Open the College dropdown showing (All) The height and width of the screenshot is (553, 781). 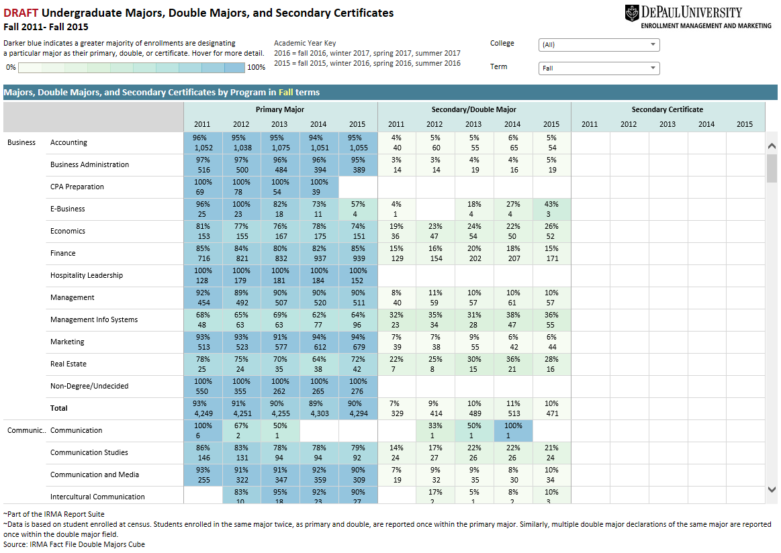(x=599, y=45)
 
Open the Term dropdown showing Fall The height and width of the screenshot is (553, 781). (x=599, y=68)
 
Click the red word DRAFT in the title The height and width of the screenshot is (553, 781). (x=20, y=13)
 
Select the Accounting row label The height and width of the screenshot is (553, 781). (x=68, y=142)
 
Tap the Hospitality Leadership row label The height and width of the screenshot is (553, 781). (x=87, y=275)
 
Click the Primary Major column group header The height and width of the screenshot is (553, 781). (x=279, y=109)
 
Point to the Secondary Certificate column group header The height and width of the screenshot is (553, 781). (x=668, y=109)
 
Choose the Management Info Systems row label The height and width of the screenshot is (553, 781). (x=94, y=319)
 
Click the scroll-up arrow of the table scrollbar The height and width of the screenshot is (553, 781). (x=772, y=146)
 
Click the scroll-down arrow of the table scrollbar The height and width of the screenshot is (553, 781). (x=772, y=491)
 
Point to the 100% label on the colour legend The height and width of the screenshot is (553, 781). (x=256, y=67)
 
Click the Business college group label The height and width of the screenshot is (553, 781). (x=21, y=142)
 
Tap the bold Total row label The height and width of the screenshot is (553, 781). (x=59, y=408)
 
